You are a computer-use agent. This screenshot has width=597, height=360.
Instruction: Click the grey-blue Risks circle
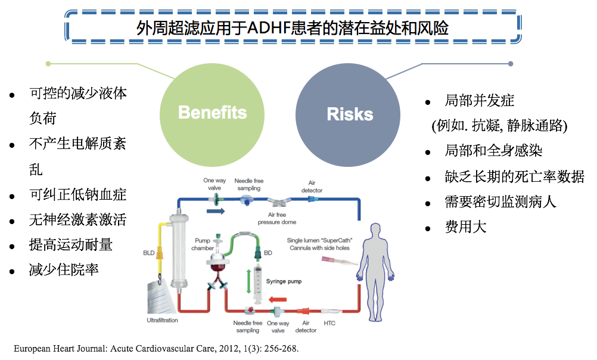tap(350, 113)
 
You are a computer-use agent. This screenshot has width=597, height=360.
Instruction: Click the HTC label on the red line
tap(329, 323)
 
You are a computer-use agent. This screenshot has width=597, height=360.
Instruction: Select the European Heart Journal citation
tap(156, 349)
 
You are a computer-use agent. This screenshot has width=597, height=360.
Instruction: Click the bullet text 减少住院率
tap(64, 270)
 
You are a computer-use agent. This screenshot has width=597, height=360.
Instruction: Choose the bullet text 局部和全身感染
tap(493, 151)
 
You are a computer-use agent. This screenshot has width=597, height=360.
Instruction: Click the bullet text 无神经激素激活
tap(77, 220)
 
